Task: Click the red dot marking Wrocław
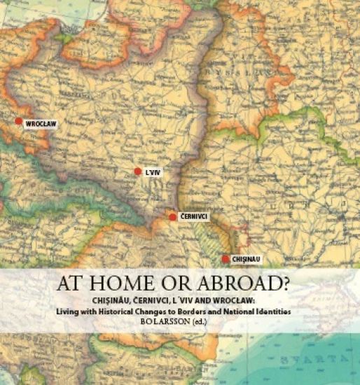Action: (19, 121)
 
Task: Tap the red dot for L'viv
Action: (138, 171)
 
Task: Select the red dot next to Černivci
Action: (172, 218)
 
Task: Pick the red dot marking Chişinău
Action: (226, 260)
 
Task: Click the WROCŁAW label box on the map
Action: (41, 124)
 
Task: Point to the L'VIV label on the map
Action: (153, 172)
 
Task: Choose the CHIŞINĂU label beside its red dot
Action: (246, 260)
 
